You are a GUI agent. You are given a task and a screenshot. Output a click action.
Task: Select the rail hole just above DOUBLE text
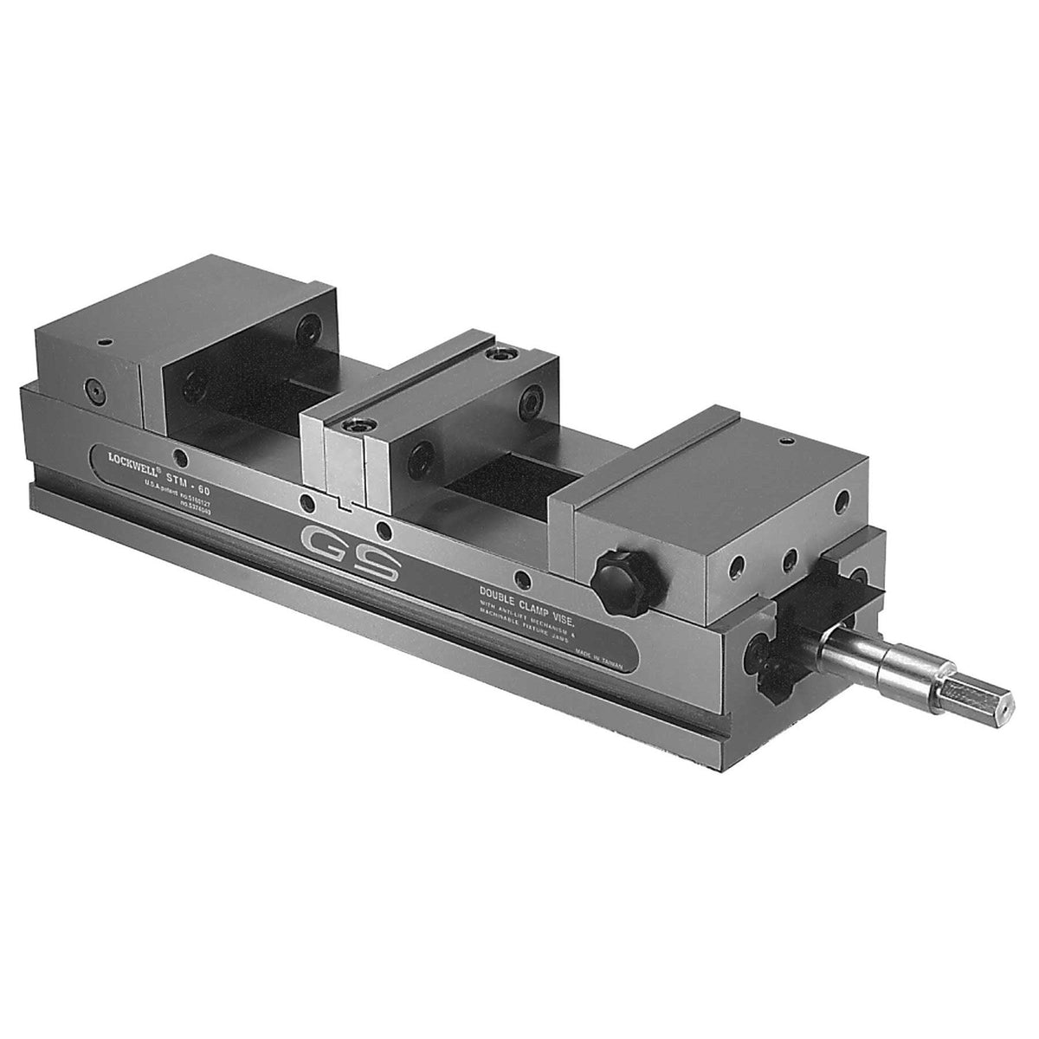tap(519, 578)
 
